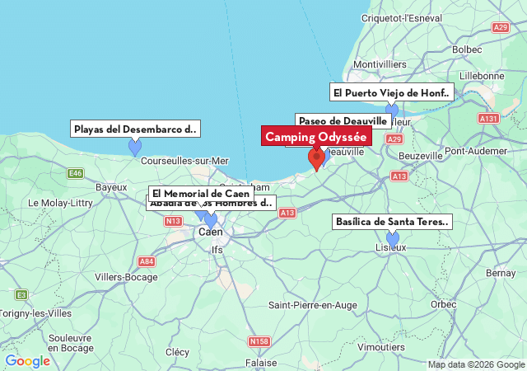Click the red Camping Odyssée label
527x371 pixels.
(x=315, y=136)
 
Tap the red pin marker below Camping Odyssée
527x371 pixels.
(x=315, y=157)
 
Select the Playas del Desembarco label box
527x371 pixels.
(x=135, y=129)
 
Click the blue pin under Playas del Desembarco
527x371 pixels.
(x=135, y=147)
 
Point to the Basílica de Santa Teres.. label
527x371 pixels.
(x=392, y=222)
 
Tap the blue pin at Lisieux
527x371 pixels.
(x=393, y=239)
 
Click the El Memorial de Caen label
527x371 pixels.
(x=200, y=193)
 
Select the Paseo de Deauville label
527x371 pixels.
(x=343, y=121)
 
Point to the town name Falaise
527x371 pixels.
(x=261, y=363)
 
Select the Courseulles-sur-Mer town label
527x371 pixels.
(x=184, y=161)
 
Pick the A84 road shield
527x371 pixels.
(x=146, y=261)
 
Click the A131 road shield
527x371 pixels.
(x=488, y=119)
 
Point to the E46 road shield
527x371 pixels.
(x=76, y=173)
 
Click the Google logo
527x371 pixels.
(x=27, y=361)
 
